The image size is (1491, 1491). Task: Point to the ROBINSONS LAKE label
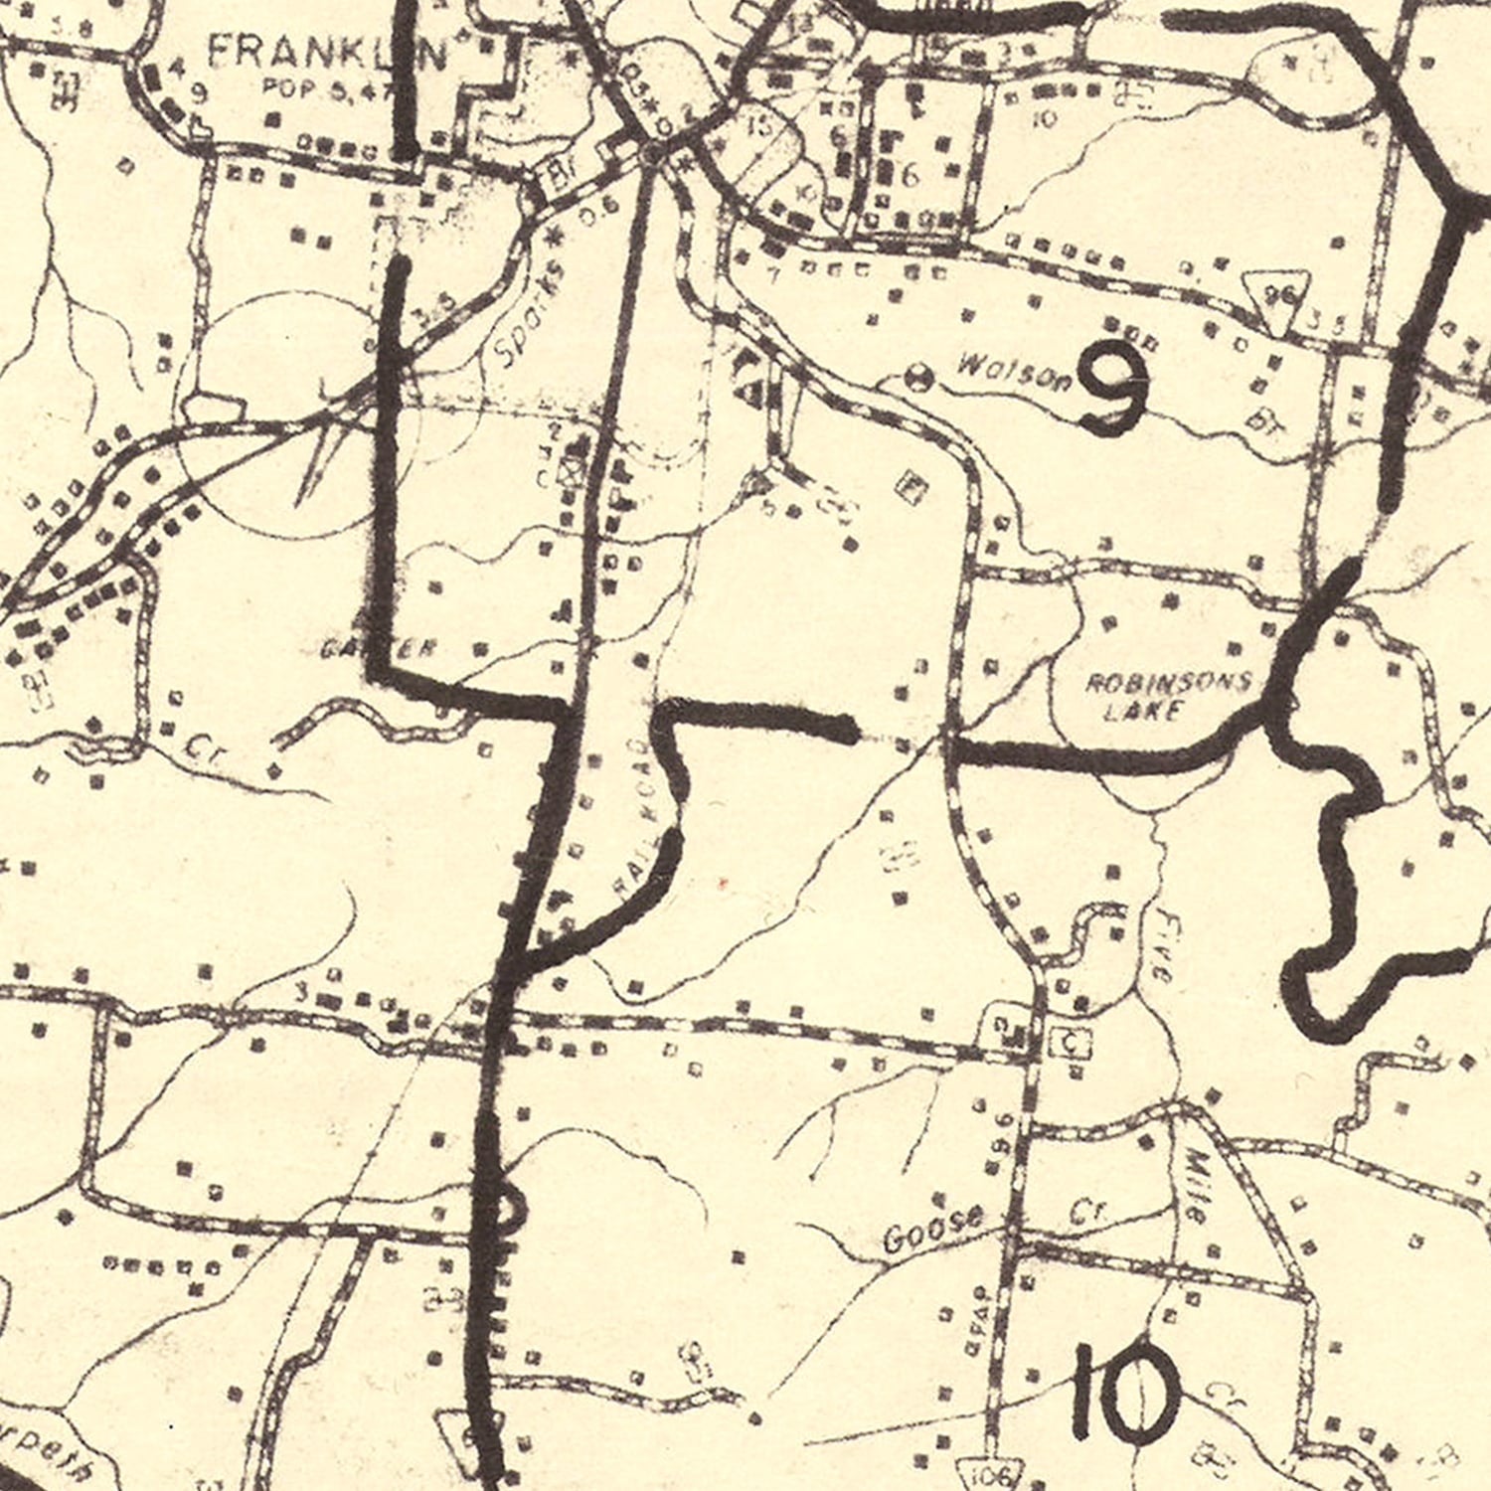tap(1167, 696)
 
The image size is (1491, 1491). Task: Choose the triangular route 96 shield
tap(1277, 296)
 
